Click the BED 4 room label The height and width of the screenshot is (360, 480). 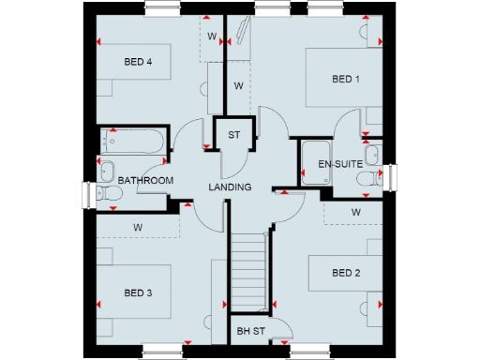click(x=138, y=62)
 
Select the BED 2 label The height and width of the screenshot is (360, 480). click(x=346, y=273)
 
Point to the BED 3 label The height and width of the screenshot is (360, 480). click(x=138, y=292)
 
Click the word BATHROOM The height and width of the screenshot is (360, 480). click(x=145, y=180)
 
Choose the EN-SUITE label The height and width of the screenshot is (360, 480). click(x=339, y=165)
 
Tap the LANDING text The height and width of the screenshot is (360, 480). click(x=230, y=187)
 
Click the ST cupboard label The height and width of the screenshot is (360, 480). click(x=234, y=134)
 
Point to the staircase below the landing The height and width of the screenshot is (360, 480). click(x=249, y=272)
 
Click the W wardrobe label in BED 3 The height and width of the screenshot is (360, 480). click(x=137, y=227)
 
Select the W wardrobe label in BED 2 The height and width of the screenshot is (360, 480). click(x=356, y=212)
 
